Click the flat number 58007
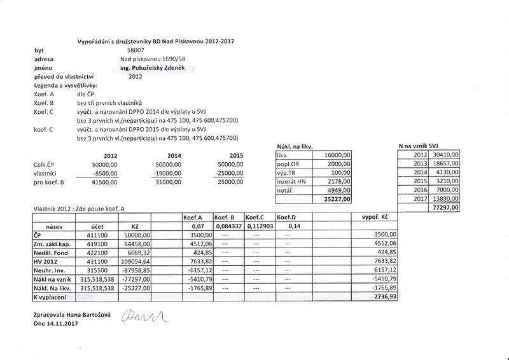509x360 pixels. (x=136, y=49)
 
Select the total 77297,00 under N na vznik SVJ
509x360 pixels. (x=445, y=207)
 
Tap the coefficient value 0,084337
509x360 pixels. (x=228, y=225)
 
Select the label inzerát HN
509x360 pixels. (x=292, y=181)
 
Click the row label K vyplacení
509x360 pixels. (x=52, y=296)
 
